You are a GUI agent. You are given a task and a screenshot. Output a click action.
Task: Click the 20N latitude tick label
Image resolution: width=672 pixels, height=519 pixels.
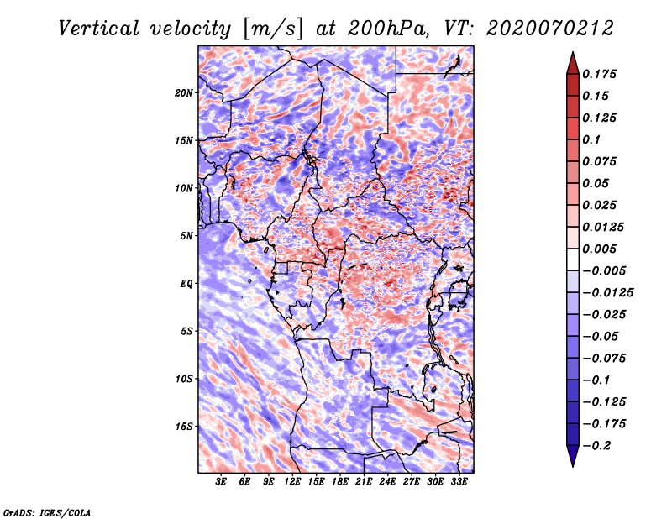pos(183,93)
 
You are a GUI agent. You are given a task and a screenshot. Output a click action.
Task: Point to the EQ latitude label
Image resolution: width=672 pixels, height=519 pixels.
pos(186,284)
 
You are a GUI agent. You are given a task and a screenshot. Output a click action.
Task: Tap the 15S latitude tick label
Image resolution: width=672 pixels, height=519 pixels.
pos(184,427)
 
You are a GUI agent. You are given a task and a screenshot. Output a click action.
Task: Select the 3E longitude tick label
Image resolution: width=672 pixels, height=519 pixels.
pos(221,482)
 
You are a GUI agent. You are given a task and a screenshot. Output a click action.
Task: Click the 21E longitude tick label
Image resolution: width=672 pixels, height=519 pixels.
pos(364,482)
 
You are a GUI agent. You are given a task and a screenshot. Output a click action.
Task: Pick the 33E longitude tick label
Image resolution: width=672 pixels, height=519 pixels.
pos(459,482)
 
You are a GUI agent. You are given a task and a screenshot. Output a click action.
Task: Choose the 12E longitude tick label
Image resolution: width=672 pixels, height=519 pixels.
pos(291,482)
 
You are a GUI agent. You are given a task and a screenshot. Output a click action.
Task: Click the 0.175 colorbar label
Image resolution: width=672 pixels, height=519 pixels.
pos(599,74)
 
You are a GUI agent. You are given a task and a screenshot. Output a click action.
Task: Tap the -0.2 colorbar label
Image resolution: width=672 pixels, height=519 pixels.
pos(596,446)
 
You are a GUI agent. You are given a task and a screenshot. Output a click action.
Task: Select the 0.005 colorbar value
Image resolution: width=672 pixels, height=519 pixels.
pos(599,249)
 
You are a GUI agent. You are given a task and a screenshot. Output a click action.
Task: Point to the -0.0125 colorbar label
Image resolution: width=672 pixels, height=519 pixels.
pos(607,293)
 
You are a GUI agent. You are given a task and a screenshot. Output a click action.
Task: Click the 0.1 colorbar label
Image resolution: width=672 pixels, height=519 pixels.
pos(591,139)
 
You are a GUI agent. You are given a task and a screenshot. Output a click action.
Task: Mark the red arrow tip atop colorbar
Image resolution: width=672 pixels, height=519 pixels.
pos(573,52)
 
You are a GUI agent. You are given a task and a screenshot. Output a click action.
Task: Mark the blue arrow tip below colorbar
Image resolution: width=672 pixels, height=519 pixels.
pos(573,466)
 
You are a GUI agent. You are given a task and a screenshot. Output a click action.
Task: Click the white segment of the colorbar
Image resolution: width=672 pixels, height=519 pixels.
pos(573,259)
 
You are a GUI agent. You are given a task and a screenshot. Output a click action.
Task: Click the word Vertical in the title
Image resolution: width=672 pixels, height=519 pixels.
pos(99,29)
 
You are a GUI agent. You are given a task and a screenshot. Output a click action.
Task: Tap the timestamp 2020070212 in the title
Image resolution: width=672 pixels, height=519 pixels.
pos(550,29)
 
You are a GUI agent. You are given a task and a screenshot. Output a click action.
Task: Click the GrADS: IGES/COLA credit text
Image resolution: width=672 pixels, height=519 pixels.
pos(47,512)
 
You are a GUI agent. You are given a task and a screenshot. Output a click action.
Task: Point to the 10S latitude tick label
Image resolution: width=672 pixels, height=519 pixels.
pos(184,379)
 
